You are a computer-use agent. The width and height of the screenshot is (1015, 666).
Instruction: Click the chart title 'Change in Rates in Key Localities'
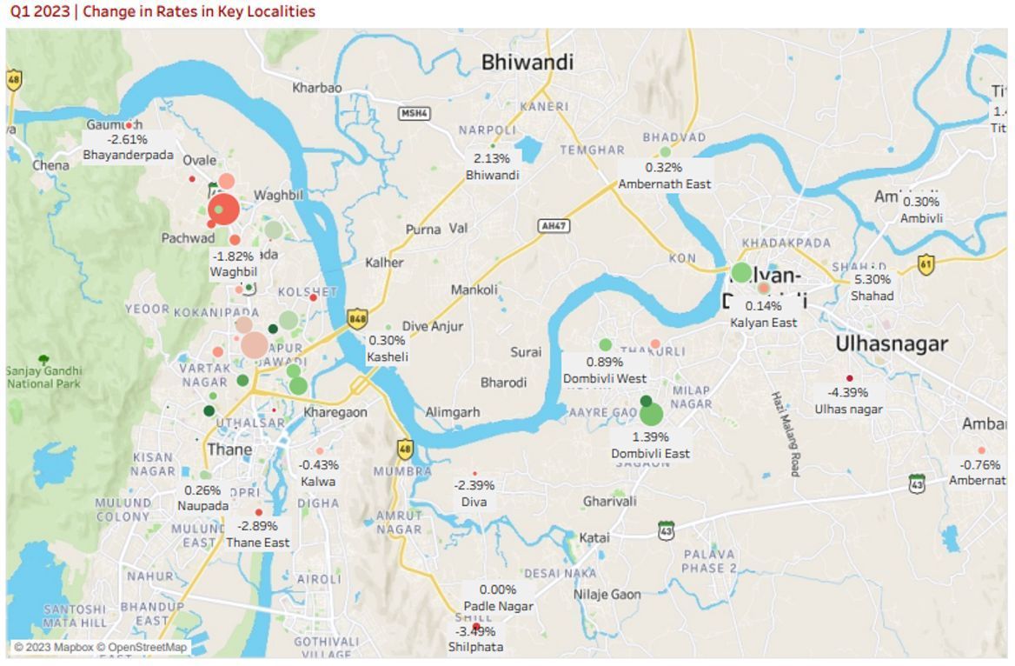pos(162,11)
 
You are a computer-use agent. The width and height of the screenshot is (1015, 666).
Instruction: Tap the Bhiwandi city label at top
pos(527,63)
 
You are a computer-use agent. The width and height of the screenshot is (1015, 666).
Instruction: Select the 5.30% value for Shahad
pos(872,280)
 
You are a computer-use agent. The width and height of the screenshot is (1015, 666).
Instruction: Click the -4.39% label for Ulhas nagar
pos(848,392)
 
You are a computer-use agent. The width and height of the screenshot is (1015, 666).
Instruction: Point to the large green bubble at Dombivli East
pos(651,415)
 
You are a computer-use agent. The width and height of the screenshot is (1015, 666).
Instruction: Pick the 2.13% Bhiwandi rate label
pos(492,158)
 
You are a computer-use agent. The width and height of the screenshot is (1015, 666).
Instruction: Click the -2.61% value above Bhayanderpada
pos(127,139)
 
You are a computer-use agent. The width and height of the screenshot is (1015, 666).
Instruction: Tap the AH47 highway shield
pos(554,226)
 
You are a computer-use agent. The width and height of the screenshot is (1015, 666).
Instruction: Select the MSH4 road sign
pos(414,113)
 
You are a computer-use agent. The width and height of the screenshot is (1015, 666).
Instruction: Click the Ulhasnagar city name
pos(892,344)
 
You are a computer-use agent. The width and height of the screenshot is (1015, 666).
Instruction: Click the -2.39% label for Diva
pos(474,485)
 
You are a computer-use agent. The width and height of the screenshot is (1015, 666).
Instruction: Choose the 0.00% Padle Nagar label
pos(497,589)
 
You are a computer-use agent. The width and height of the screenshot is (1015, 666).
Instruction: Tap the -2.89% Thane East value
pos(257,526)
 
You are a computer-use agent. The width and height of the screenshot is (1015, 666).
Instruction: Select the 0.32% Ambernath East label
pos(664,167)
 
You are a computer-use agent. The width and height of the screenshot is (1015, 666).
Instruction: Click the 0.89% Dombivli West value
pos(605,362)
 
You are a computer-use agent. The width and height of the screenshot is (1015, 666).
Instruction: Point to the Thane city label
pos(229,450)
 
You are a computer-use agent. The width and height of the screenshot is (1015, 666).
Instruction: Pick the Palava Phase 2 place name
pos(709,561)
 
